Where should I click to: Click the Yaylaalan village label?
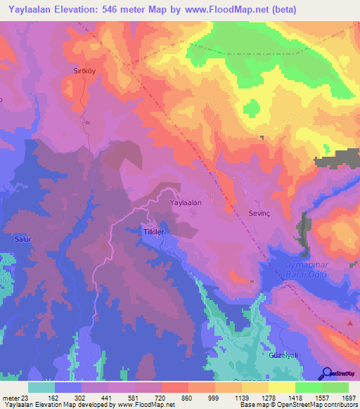tap(186, 202)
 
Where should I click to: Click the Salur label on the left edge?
tap(22, 239)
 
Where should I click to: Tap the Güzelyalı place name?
tap(284, 356)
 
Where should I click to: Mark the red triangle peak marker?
tap(350, 323)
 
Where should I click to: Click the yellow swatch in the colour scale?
tap(281, 387)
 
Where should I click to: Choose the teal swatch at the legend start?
tap(41, 387)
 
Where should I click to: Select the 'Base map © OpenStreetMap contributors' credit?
tap(298, 405)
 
